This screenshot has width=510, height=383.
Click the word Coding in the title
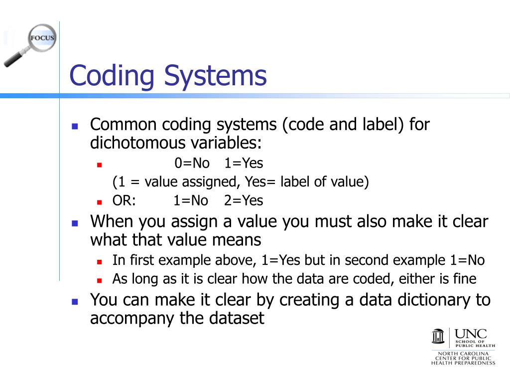coord(112,76)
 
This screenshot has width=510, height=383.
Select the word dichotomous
coord(136,143)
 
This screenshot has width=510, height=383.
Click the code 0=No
coord(192,163)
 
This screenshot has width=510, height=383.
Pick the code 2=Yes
coord(243,200)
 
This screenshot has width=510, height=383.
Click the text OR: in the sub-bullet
coord(124,200)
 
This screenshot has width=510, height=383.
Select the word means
coord(237,240)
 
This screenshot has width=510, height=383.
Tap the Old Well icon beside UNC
coord(438,337)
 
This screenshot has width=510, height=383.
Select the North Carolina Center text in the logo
coord(463,358)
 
